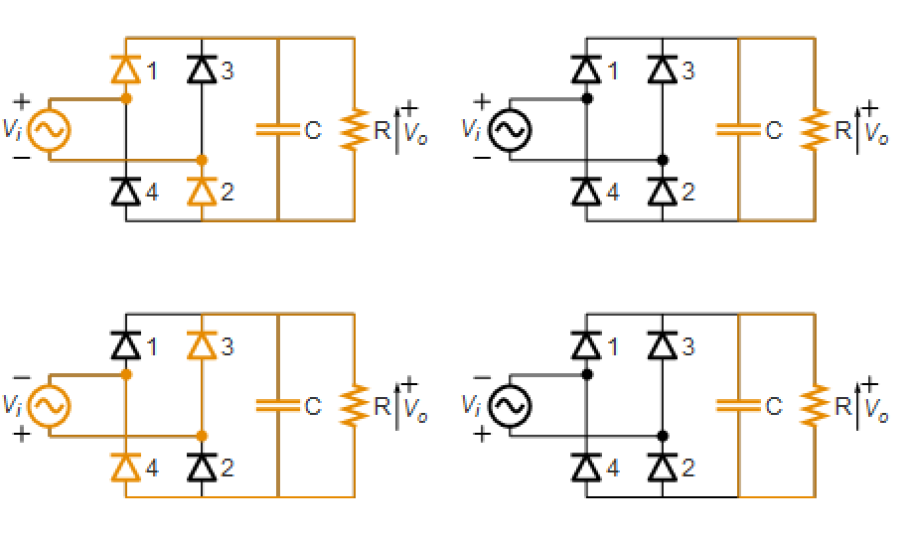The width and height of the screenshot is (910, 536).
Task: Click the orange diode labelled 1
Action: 126,69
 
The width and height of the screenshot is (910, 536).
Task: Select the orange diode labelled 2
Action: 202,192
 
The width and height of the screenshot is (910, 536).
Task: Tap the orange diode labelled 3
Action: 202,345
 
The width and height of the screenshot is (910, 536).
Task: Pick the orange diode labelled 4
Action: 126,468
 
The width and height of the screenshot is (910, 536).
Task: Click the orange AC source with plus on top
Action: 50,130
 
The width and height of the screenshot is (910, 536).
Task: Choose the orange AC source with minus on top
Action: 50,406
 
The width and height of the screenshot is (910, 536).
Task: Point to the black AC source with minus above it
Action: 510,406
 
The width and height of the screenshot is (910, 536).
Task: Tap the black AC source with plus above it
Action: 510,130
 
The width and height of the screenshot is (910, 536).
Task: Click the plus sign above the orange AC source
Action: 22,102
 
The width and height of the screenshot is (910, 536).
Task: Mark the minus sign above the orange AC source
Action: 22,377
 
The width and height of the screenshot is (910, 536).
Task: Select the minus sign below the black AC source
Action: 482,157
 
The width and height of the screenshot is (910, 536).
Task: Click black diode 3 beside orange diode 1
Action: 202,69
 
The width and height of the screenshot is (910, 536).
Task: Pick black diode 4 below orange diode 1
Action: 126,192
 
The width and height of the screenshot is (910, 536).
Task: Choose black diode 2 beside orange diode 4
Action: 202,468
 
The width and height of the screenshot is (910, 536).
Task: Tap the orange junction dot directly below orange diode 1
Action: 126,98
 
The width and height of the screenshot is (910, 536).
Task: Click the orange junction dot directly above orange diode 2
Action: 202,160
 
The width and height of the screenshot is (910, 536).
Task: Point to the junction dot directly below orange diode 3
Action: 202,436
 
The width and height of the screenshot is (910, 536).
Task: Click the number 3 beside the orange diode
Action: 227,346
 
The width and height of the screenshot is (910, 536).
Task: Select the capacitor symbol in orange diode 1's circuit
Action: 278,130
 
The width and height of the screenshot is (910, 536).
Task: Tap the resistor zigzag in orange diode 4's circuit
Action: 355,406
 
